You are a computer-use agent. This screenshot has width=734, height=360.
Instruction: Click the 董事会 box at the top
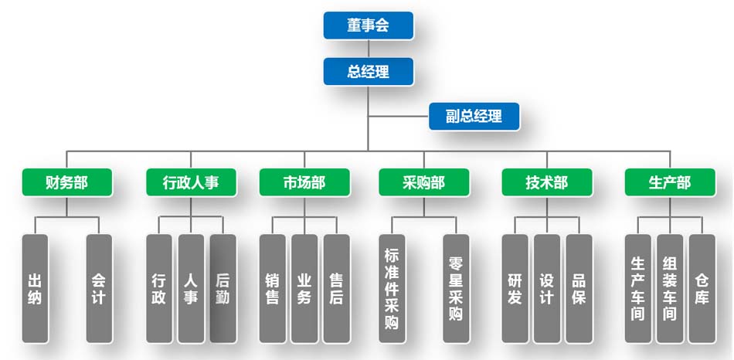point(368,25)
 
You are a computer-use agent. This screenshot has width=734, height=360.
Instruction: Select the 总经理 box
point(368,73)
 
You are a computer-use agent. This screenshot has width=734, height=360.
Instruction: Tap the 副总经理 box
point(474,117)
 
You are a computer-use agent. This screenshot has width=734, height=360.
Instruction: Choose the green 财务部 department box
point(66,183)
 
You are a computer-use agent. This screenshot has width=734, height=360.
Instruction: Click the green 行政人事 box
point(190,183)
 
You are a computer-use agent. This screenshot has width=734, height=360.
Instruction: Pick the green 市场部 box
point(304,183)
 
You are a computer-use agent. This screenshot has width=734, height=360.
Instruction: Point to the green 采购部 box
point(423,183)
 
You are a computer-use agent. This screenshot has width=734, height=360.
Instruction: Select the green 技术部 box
point(547,183)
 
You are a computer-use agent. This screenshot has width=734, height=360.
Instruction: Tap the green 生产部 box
point(669,183)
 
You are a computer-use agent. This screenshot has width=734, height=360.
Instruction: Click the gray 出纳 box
point(35,288)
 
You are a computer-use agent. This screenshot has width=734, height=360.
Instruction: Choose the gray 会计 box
point(99,288)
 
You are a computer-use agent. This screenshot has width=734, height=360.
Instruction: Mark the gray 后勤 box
point(223,288)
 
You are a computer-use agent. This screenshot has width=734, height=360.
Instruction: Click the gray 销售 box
point(272,288)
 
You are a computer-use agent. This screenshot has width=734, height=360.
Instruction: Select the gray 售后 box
point(336,288)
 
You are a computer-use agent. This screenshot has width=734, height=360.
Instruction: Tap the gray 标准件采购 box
point(392,288)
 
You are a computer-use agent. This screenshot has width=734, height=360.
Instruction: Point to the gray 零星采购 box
point(456,288)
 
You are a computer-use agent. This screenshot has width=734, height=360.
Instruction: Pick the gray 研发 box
point(515,288)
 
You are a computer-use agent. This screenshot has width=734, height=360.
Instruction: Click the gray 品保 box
point(579,288)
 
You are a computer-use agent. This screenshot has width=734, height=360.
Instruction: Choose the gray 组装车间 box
point(670,288)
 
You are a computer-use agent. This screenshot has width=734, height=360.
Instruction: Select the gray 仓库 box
point(702,288)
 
